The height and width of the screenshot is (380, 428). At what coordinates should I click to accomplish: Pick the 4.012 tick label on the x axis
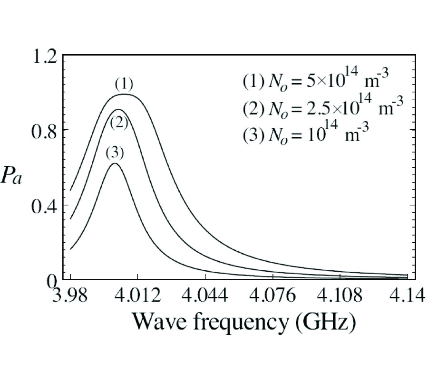coord(138,298)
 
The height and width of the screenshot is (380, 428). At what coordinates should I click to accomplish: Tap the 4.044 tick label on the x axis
coord(205,298)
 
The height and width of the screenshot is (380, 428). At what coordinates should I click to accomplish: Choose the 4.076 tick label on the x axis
coord(273,298)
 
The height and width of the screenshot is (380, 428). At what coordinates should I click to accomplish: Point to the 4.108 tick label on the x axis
coord(340,298)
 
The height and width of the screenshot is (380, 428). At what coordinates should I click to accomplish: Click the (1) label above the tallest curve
coord(124,85)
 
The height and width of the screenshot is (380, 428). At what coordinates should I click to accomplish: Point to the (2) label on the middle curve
coord(119,123)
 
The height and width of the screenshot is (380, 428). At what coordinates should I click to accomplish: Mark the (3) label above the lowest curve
coord(115,153)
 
